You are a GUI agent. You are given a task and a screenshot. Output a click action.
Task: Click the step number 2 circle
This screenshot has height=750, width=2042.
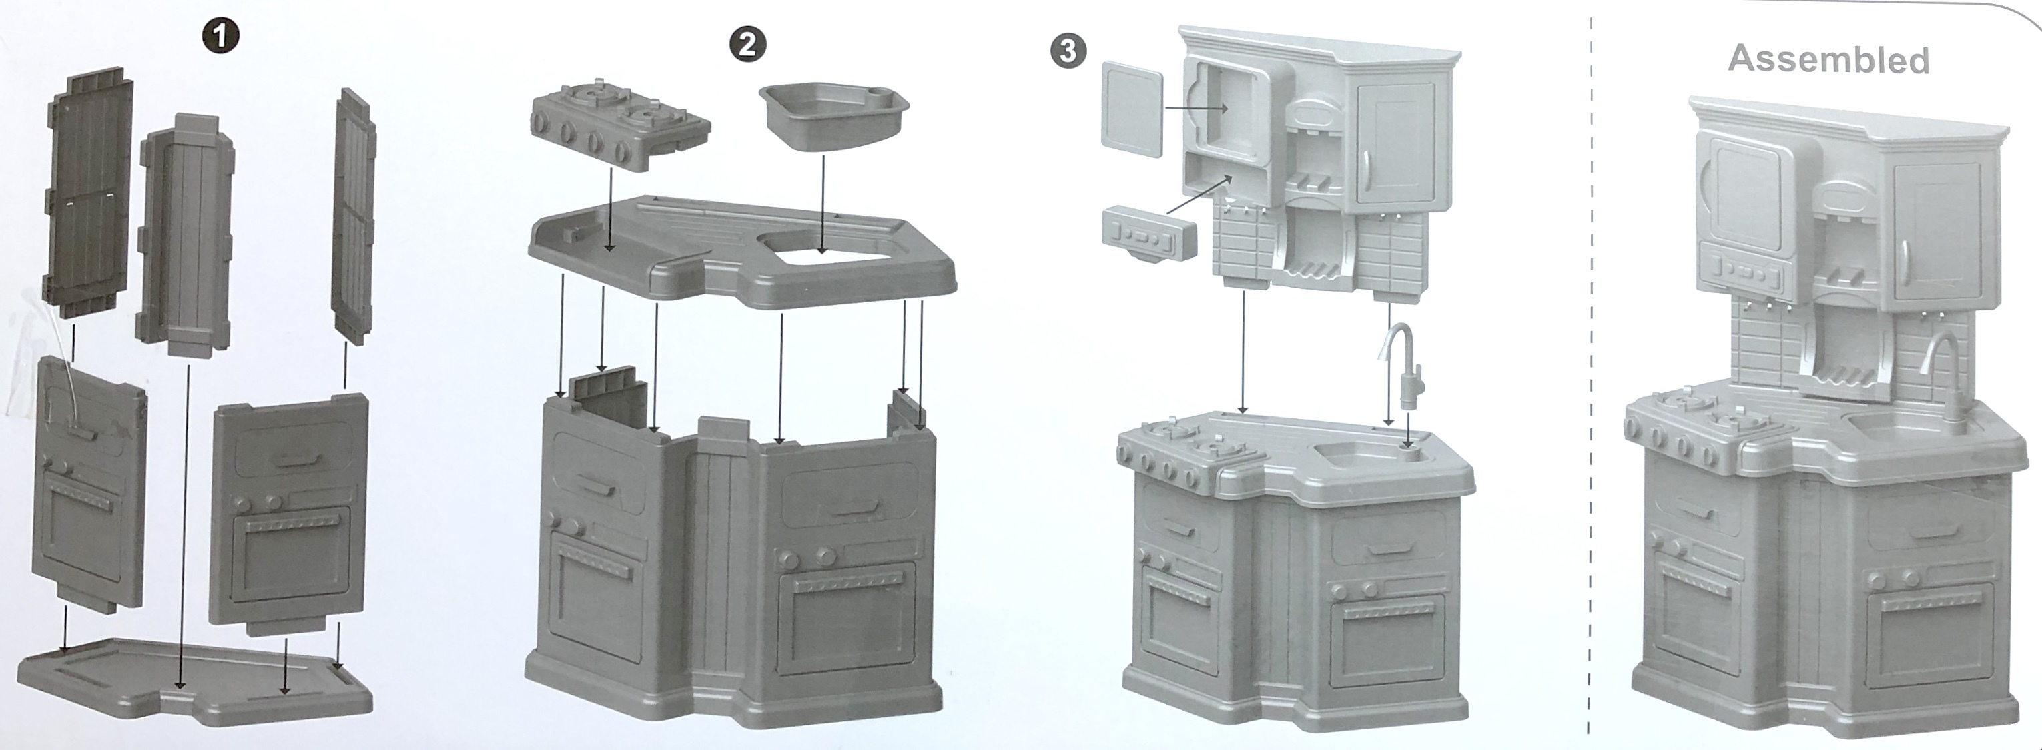click(747, 45)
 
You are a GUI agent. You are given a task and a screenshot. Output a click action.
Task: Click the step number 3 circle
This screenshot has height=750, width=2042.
click(1068, 51)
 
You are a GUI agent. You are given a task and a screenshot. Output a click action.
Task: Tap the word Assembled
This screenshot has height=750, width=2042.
click(1828, 59)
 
